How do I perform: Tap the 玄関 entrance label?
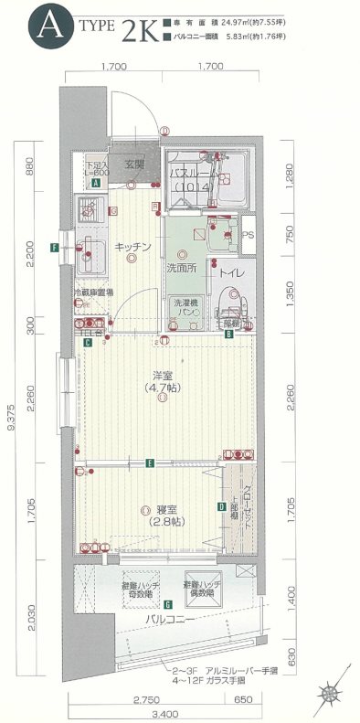coord(135,165)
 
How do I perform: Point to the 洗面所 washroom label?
coord(182,269)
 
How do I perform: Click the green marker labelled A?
coord(95,183)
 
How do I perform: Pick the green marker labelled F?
coord(56,248)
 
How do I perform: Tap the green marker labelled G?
coord(168,604)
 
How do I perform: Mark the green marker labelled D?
coord(221,506)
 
